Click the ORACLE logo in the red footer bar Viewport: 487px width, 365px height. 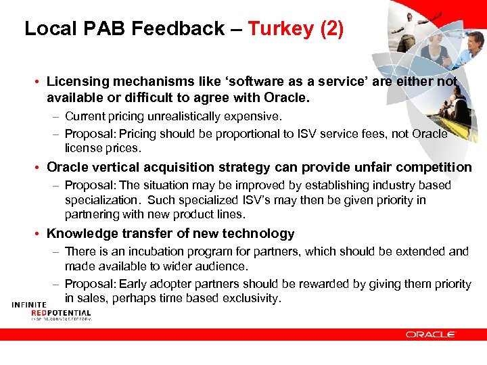point(431,334)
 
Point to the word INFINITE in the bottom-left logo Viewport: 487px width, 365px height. point(28,305)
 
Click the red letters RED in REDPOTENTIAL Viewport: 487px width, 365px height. point(40,313)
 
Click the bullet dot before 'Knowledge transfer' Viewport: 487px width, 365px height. point(39,235)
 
